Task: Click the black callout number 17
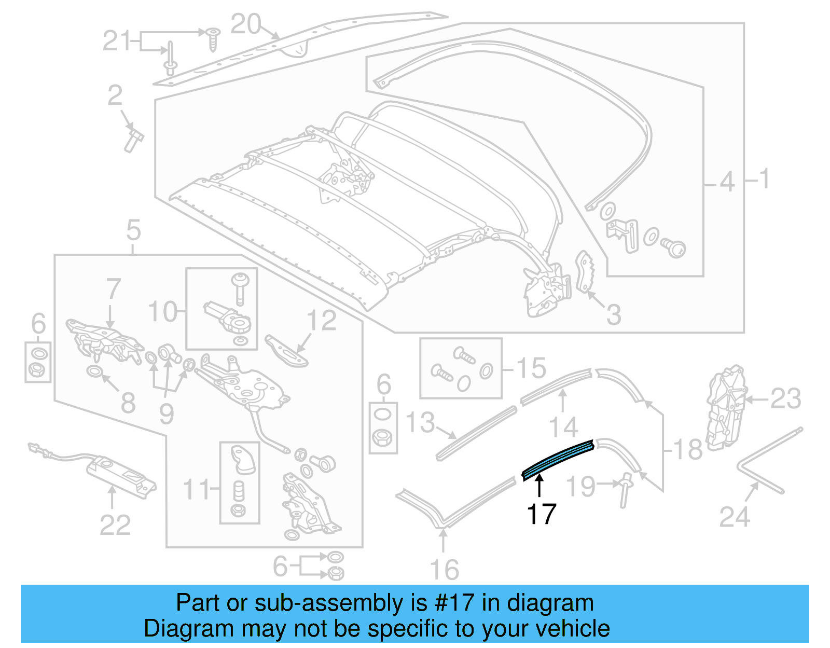point(541,514)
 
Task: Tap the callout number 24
point(735,517)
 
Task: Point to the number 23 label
point(786,399)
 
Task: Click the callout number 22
point(115,525)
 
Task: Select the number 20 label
point(245,24)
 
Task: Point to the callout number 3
point(613,314)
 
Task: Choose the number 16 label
point(445,569)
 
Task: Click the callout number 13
point(420,422)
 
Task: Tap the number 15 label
point(532,368)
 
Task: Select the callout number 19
point(580,486)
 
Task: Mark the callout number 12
point(322,321)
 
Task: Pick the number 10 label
point(163,311)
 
